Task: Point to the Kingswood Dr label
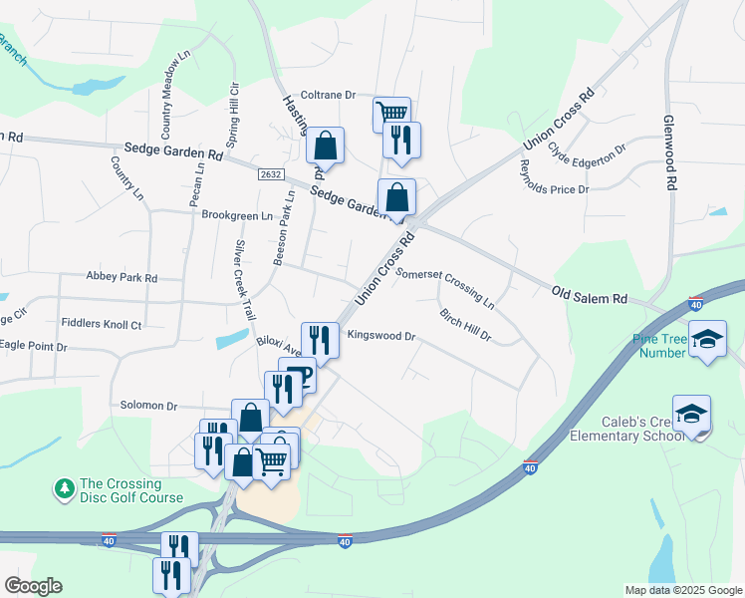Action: click(x=380, y=337)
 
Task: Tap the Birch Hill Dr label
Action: click(x=466, y=325)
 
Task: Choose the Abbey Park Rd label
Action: click(x=122, y=277)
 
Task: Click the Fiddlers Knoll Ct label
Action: click(x=102, y=324)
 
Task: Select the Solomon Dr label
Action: click(x=148, y=406)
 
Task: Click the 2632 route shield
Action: click(x=270, y=173)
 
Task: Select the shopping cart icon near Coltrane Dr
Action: click(x=391, y=113)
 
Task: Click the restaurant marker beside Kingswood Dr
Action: click(x=321, y=339)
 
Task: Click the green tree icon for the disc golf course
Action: click(x=65, y=488)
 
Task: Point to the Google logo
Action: click(x=33, y=586)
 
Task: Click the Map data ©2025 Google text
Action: click(x=682, y=590)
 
